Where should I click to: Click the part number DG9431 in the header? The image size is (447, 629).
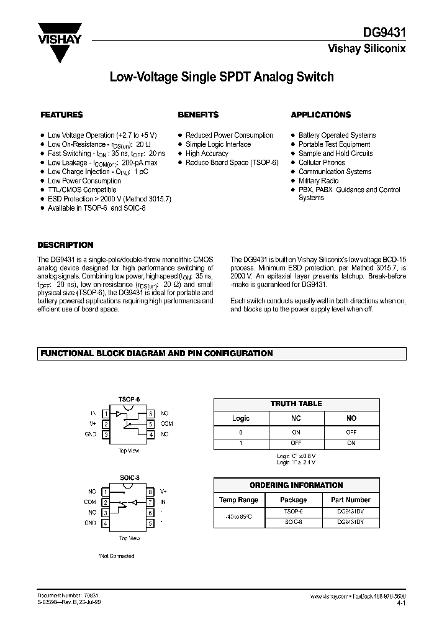click(386, 36)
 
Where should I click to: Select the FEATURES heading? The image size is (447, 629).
click(61, 115)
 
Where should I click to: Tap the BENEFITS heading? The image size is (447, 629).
click(198, 115)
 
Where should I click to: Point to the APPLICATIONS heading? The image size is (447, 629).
click(320, 115)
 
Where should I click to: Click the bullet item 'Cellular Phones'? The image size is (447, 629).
click(322, 162)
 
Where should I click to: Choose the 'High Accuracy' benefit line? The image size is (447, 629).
click(207, 154)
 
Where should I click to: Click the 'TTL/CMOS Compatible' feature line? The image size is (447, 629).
click(82, 190)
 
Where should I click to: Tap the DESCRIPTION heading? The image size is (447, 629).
click(65, 245)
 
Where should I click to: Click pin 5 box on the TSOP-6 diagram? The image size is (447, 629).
click(150, 423)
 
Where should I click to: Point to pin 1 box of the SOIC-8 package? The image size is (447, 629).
click(106, 491)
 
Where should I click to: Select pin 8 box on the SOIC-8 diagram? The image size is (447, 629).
click(150, 491)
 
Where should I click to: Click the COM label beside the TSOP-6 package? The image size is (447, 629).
click(166, 423)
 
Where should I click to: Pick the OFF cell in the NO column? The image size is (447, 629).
click(351, 432)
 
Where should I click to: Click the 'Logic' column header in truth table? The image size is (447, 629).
click(241, 418)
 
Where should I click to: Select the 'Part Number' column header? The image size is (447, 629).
click(350, 500)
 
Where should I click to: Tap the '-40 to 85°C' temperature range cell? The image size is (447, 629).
click(239, 518)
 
